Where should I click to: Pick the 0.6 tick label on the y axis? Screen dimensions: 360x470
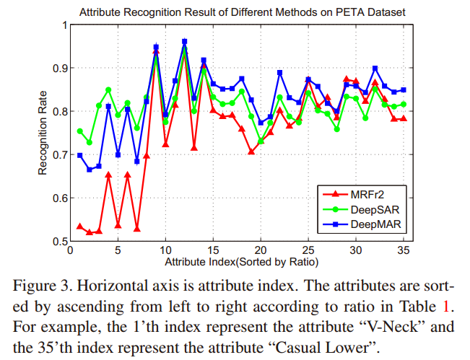click(58, 198)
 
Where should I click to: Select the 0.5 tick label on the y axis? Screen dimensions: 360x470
click(58, 241)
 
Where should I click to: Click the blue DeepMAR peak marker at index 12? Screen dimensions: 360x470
click(184, 42)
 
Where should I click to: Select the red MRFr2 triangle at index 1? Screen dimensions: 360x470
click(79, 227)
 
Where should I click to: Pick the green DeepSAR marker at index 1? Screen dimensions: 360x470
click(79, 131)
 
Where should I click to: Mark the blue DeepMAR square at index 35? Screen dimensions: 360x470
click(403, 90)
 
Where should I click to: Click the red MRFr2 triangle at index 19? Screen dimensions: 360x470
click(251, 152)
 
